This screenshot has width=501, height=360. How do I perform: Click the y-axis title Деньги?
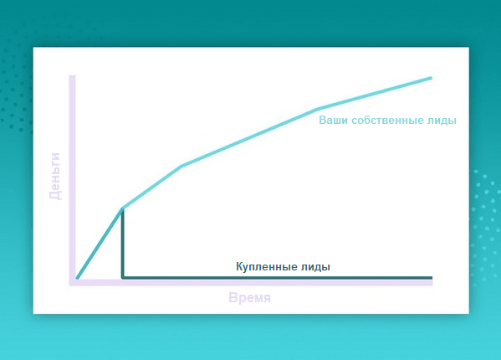coord(55,176)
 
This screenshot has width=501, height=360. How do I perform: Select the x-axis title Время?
coord(249,298)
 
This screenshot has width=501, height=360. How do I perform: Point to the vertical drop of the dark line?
coord(122,243)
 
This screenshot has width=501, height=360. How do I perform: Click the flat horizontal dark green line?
coord(277,277)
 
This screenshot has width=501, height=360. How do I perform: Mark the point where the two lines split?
coord(122,208)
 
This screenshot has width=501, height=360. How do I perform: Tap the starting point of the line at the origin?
coord(77,278)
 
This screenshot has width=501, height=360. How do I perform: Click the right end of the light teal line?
coord(432,78)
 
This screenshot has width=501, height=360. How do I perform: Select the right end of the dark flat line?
coord(432,277)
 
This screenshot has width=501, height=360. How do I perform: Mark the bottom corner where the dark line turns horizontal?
coord(122,277)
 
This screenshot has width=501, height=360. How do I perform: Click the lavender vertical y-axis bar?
coord(72,180)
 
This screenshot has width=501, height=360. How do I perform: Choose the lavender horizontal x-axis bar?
coord(251,282)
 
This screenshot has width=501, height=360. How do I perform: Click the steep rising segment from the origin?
coord(100,244)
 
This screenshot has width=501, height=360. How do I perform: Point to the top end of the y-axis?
coord(72,76)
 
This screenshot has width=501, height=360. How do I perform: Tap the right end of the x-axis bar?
coord(432,282)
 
